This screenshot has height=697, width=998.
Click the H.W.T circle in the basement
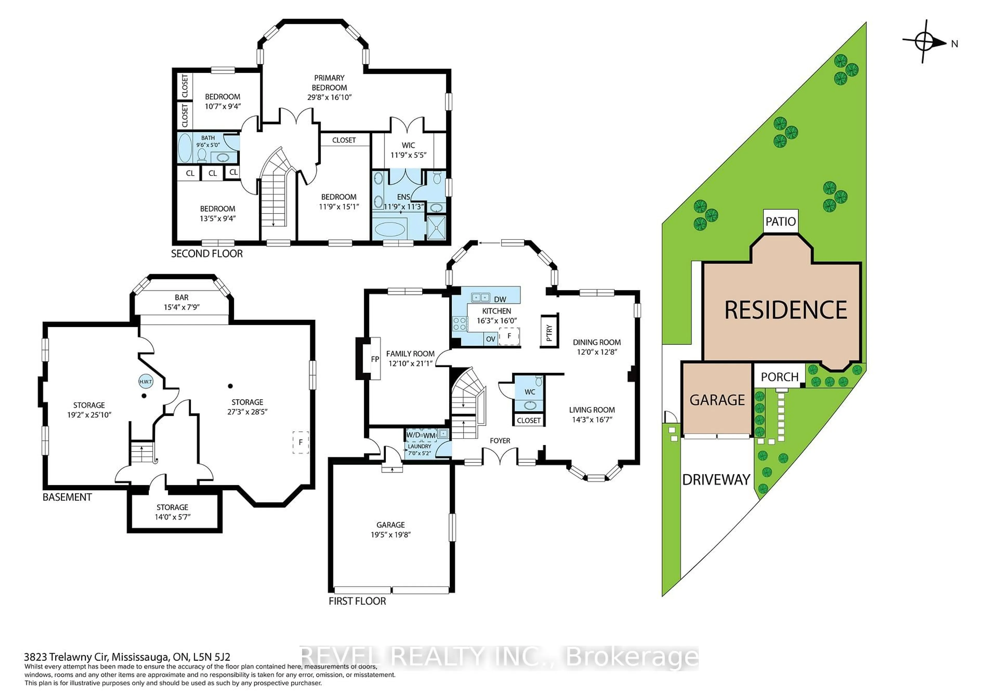click(146, 382)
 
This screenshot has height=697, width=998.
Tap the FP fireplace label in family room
click(375, 359)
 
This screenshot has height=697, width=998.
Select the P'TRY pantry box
click(549, 331)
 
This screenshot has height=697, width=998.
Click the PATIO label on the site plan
click(780, 222)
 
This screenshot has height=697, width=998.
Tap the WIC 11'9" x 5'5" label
click(408, 150)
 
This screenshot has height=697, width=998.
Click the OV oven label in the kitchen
click(490, 339)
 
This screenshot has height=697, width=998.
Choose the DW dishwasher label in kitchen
click(500, 299)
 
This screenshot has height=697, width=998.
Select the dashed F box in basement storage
click(300, 442)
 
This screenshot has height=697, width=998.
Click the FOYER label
click(500, 440)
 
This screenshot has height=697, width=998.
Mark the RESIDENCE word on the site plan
click(785, 310)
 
